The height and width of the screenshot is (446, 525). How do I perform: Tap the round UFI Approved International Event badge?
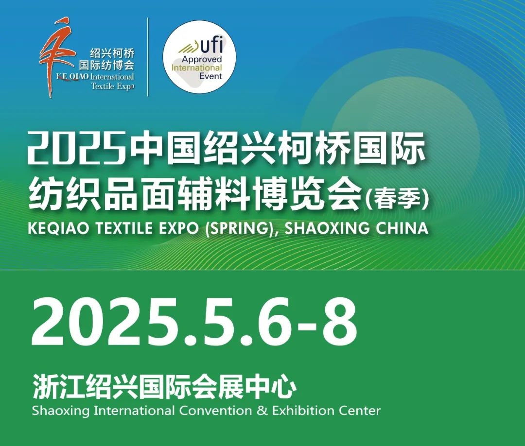click(200, 57)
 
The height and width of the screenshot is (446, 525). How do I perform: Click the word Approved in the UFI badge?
click(202, 59)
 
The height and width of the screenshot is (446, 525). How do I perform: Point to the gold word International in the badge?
click(196, 68)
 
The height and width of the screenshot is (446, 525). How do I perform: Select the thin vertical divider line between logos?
click(148, 57)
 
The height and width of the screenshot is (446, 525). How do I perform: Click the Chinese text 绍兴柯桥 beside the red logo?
click(112, 53)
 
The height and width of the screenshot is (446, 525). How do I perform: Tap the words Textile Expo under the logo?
click(112, 86)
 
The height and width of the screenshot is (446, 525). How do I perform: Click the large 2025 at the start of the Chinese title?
click(77, 148)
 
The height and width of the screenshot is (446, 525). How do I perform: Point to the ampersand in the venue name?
click(262, 411)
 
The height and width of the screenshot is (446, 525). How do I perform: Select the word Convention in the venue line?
click(215, 411)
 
